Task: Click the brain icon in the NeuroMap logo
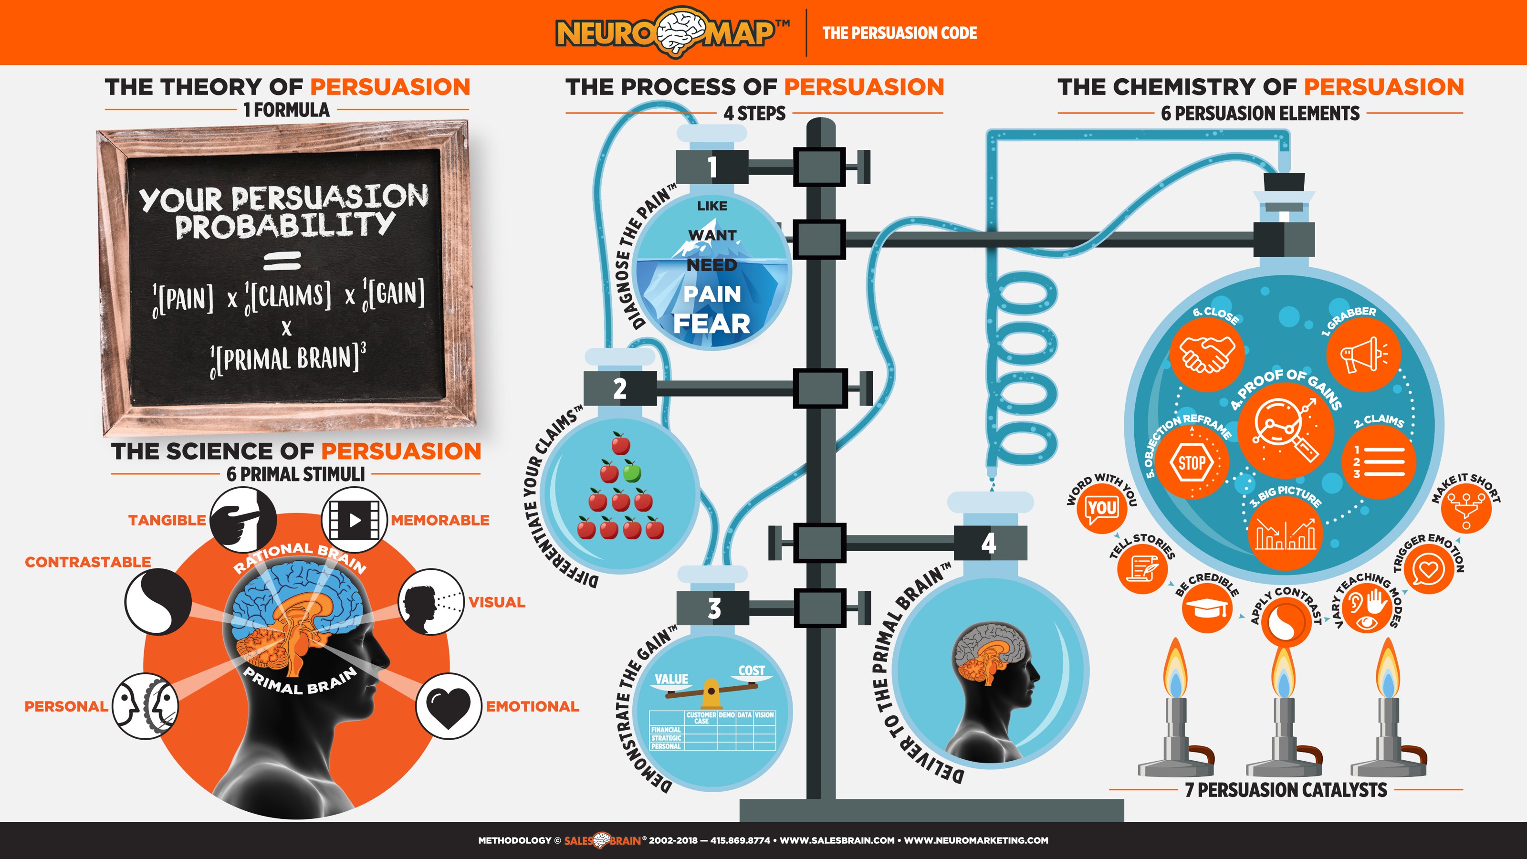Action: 681,32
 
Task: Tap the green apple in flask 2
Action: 632,472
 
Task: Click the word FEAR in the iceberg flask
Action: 711,324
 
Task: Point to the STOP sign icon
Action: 1192,462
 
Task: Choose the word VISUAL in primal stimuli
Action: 497,602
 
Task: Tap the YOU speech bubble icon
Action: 1102,508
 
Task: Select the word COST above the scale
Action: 752,670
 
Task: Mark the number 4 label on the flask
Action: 989,543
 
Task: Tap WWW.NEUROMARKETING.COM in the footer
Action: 976,840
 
